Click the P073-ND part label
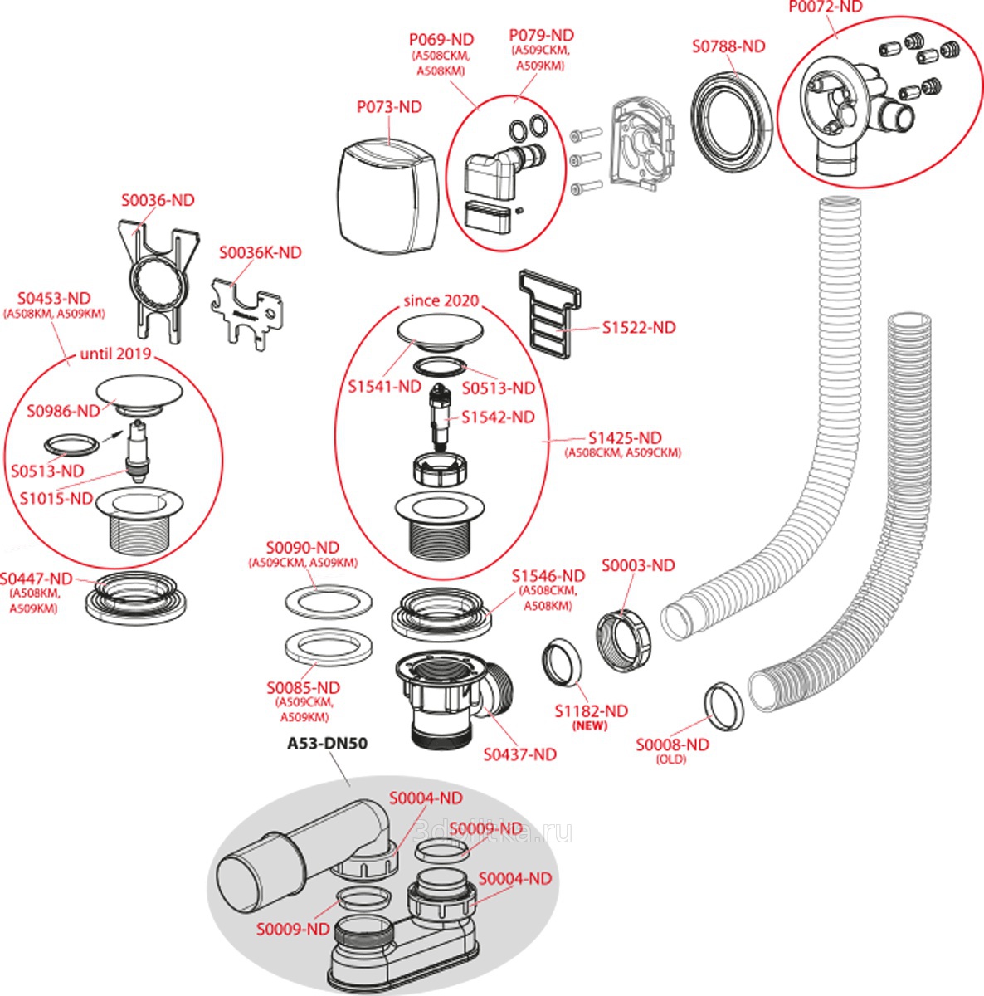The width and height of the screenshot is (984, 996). point(389,107)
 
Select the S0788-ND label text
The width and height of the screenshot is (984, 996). point(728,46)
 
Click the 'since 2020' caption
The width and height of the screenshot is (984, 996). point(441,300)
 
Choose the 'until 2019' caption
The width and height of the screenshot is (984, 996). point(115,354)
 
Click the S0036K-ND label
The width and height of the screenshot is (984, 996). point(260,252)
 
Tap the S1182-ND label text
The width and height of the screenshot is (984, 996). point(591,711)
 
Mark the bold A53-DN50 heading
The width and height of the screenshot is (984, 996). point(327,744)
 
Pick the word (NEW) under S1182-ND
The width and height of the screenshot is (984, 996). point(590,726)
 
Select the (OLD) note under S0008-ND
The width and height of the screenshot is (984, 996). point(671,759)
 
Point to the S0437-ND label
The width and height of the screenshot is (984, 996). point(520,754)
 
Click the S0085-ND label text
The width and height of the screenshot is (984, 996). point(303,688)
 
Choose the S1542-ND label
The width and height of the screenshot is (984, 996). point(498,417)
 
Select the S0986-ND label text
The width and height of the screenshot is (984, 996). point(63,411)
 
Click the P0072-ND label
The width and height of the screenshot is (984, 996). point(826,7)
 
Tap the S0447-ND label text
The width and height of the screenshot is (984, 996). point(36,579)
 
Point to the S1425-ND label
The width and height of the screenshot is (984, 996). point(625,438)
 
